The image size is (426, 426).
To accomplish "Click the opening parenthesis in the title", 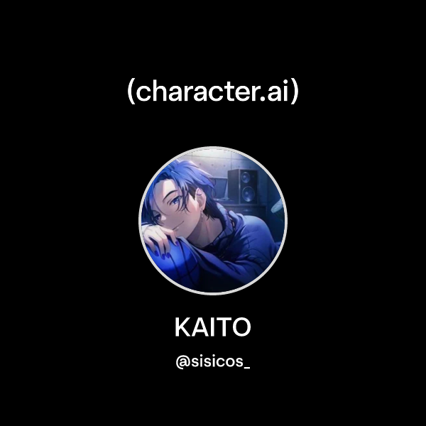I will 131,92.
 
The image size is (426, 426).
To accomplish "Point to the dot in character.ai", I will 266,99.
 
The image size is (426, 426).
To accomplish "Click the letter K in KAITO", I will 182,328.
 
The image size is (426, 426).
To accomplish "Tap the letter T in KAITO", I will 223,328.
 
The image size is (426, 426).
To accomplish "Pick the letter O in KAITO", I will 241,328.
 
